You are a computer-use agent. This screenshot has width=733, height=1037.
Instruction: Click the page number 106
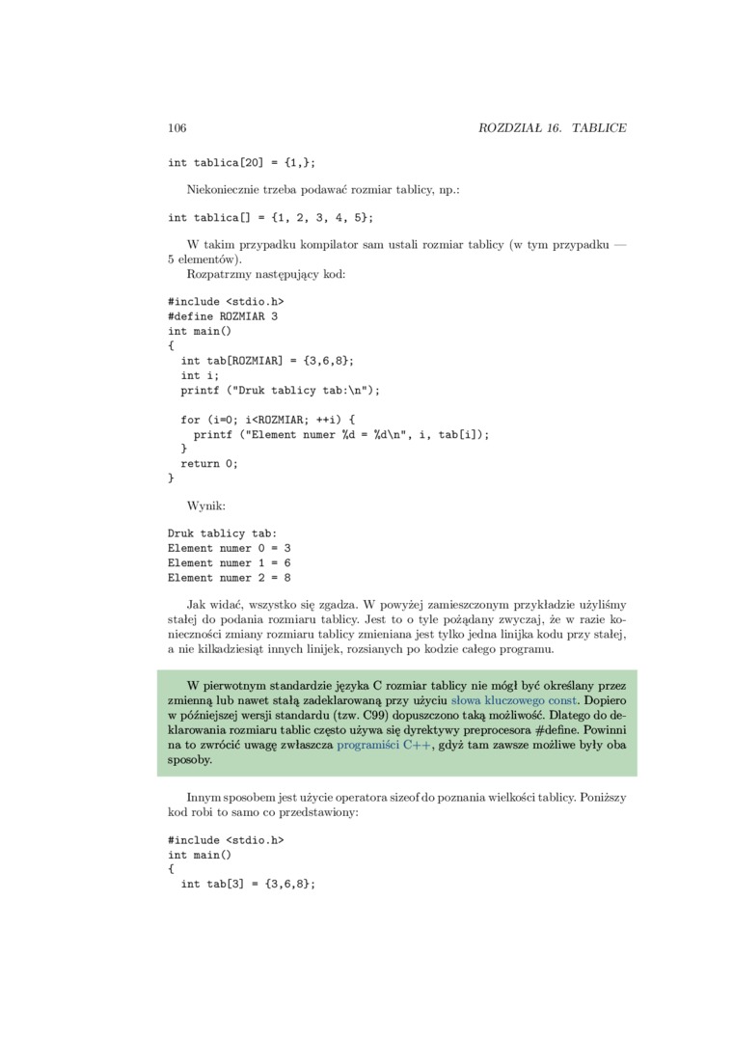176,128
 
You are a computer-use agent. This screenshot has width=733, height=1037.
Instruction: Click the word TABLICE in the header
599,128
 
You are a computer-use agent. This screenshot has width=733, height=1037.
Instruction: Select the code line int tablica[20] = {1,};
242,163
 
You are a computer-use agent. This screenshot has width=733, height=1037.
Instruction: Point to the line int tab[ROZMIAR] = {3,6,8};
267,360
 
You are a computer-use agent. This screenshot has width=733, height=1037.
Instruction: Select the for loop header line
268,420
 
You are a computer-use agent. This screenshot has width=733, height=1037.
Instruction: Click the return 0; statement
209,463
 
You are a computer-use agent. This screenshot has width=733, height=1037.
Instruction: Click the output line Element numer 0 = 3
230,548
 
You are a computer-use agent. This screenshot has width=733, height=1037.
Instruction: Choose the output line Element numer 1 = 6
230,562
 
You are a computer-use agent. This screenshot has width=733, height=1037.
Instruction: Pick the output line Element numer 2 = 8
230,577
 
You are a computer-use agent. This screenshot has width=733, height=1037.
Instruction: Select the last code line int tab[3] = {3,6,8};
248,884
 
